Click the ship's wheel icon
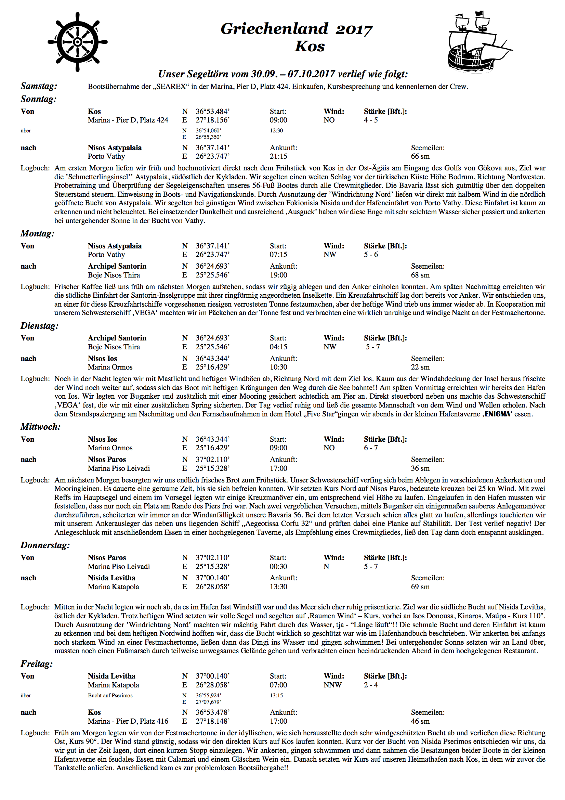click(78, 42)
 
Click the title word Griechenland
click(275, 29)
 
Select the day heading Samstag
click(39, 86)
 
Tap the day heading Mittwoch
click(40, 427)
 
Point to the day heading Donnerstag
click(45, 545)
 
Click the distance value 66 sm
click(420, 156)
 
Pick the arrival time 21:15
click(278, 156)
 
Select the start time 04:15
click(278, 347)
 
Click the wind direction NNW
click(333, 685)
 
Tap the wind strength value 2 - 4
click(371, 685)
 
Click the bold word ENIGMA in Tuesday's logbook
click(497, 414)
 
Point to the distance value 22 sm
click(420, 367)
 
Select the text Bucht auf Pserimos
click(110, 696)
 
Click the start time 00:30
click(278, 567)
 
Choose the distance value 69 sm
click(420, 587)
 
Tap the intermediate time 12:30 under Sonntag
click(276, 131)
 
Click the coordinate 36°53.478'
click(212, 712)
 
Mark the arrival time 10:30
click(278, 367)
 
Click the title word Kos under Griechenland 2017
click(310, 46)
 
